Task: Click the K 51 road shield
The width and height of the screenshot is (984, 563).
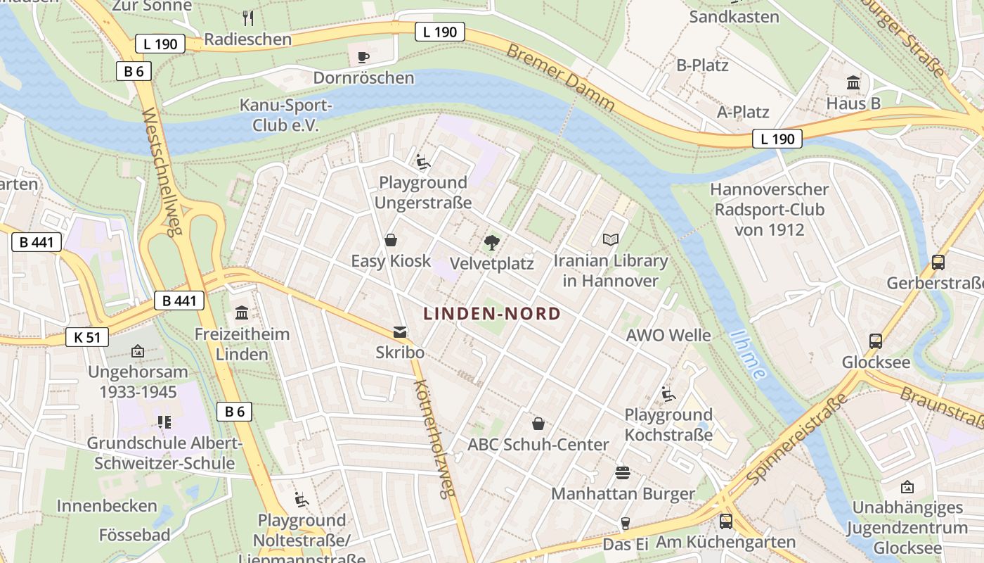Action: coord(87,337)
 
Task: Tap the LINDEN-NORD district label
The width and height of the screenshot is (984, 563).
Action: coord(492,314)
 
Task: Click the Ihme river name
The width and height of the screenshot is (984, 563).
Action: coord(748,355)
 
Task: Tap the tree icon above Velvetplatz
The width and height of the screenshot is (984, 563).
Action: coord(492,243)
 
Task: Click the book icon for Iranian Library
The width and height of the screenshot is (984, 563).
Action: coord(611,240)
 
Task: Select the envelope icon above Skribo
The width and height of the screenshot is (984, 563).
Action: coord(400,331)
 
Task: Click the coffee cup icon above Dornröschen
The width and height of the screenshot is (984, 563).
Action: coord(363,57)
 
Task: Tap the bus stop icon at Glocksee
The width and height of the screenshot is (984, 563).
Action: coord(876,341)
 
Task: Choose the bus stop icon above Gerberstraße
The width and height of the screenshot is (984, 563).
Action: coord(938,262)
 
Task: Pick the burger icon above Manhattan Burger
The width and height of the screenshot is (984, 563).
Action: coord(622,472)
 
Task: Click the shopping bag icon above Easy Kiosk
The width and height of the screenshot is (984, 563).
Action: coord(391,241)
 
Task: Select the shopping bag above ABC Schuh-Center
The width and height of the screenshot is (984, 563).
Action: coord(538,424)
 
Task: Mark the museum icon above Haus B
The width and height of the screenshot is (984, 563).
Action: coord(853,83)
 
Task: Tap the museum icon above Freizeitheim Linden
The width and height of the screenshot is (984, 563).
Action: coord(242,312)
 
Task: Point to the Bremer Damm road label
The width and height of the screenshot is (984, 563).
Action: coord(560,78)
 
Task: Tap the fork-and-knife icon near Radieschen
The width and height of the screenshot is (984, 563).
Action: coord(247,18)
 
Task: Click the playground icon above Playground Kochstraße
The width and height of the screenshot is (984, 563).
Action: coord(668,393)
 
